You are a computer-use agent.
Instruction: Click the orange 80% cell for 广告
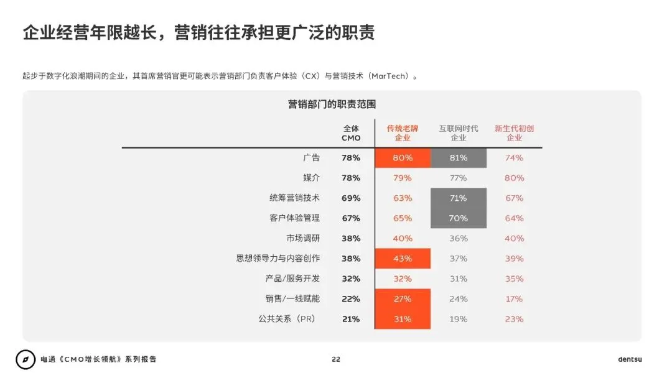coord(403,158)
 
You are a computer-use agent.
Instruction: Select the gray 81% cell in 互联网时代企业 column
coord(459,158)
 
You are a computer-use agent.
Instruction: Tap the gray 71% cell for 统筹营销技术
coord(459,198)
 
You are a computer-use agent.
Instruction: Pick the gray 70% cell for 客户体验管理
coord(459,218)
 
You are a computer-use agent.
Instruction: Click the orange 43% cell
coord(403,259)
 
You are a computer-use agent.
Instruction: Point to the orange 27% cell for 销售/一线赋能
coord(403,299)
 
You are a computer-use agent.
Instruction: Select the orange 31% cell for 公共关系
coord(403,319)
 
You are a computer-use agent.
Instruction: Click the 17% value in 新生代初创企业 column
coord(515,299)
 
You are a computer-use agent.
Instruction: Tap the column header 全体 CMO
coord(351,133)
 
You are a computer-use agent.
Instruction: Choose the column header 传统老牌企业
coord(403,133)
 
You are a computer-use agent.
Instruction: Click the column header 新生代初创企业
coord(515,133)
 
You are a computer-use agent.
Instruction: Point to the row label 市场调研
coord(303,238)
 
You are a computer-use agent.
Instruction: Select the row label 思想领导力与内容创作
coord(278,259)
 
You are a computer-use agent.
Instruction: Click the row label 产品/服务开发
coord(292,279)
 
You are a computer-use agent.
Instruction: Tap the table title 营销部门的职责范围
coord(332,104)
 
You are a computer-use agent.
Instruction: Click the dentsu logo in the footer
coord(630,359)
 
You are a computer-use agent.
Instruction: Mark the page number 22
coord(336,359)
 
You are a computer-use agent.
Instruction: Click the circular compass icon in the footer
coord(26,359)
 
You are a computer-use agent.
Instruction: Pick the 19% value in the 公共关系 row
coord(459,319)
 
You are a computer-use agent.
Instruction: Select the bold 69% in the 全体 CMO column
coord(351,198)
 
